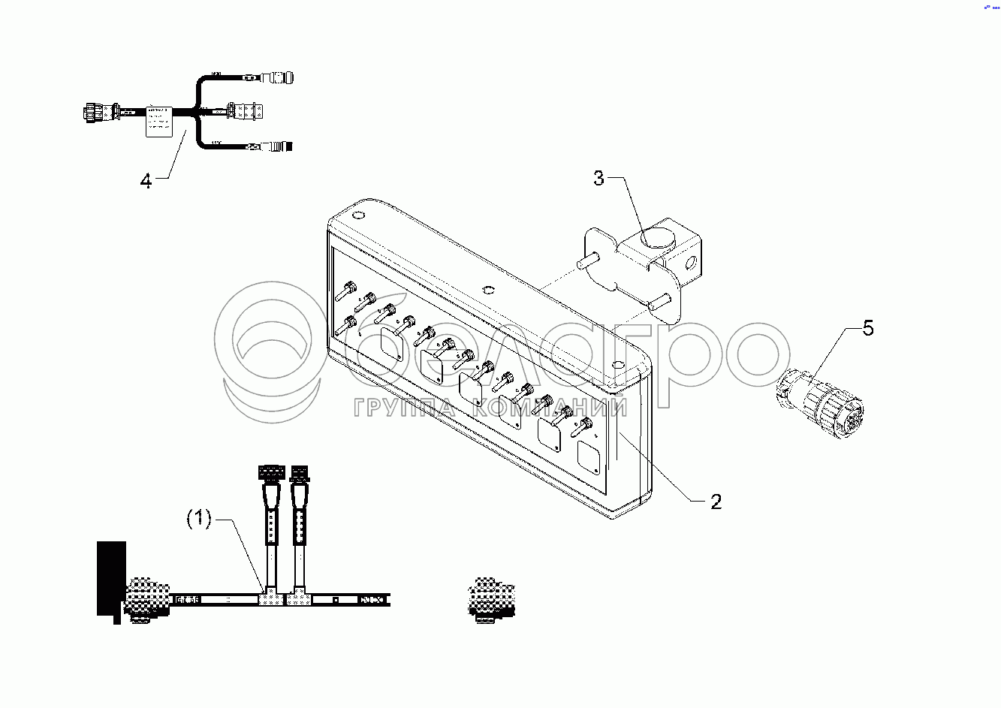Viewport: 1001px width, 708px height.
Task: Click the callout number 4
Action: (146, 181)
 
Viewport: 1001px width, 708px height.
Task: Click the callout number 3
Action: (598, 179)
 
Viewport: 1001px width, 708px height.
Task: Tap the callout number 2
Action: (716, 502)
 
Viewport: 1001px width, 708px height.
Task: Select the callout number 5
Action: (867, 328)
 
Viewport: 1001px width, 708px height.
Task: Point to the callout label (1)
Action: (199, 519)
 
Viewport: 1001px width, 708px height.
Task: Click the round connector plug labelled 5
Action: (822, 400)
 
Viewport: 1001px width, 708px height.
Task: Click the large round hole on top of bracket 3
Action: (658, 240)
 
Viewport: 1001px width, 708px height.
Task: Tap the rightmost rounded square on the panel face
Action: (588, 459)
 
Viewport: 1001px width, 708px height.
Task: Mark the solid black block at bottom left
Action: (112, 578)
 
